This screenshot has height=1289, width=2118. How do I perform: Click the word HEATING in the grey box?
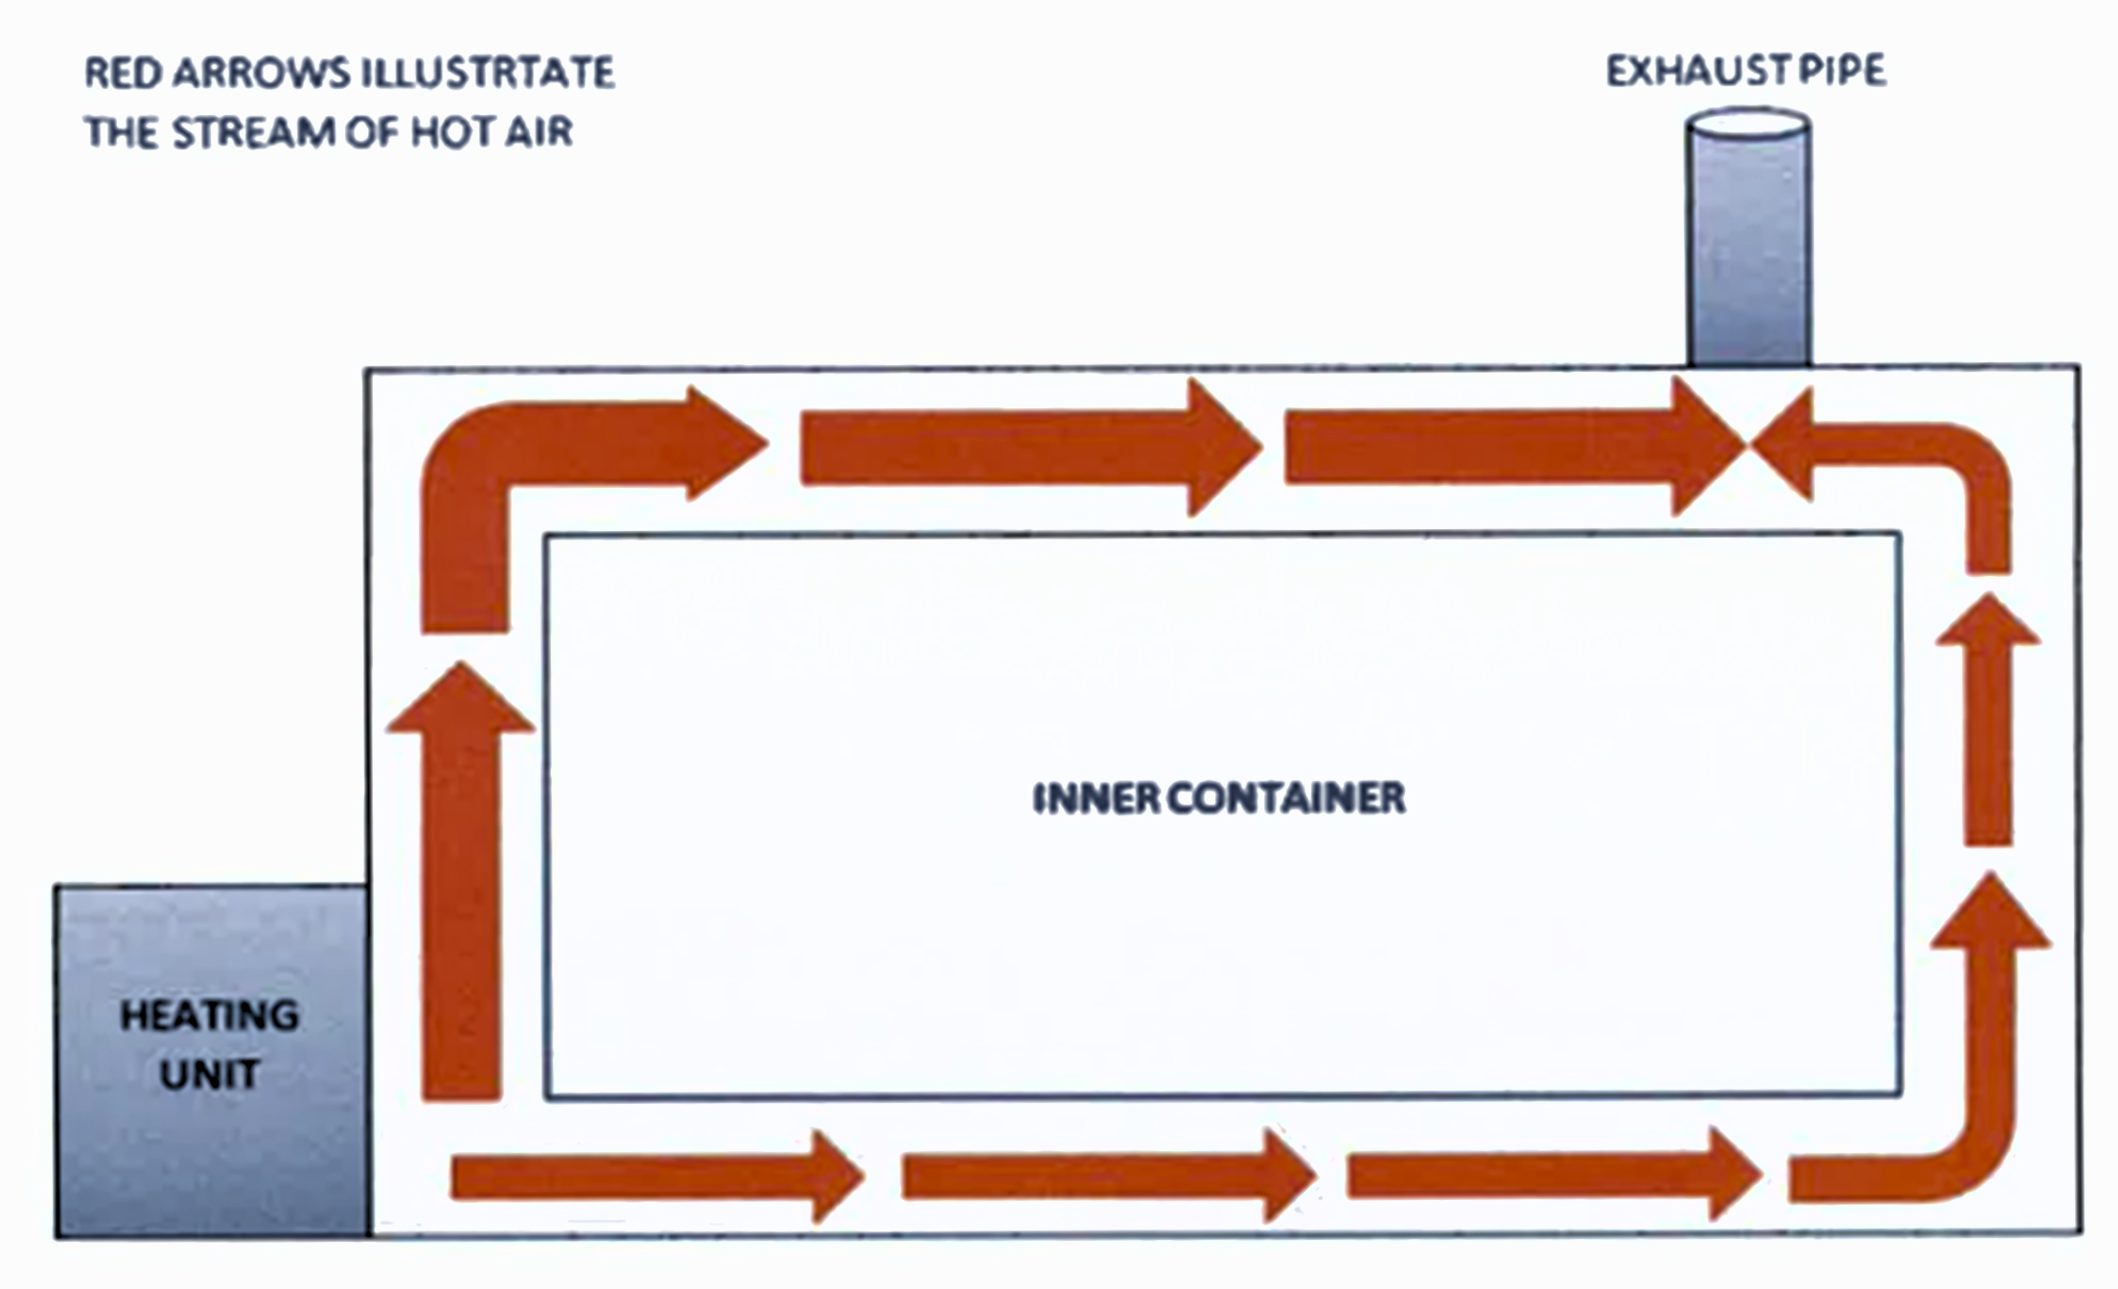coord(209,1016)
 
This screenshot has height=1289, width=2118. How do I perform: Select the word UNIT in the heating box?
coord(209,1074)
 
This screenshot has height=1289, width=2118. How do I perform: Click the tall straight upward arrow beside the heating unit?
coord(461,891)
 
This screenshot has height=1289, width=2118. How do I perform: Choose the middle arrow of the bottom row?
coord(1102,1177)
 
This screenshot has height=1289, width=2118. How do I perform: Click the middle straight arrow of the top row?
coord(1025,447)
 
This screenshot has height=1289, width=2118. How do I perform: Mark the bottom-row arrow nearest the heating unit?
coord(652,1177)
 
